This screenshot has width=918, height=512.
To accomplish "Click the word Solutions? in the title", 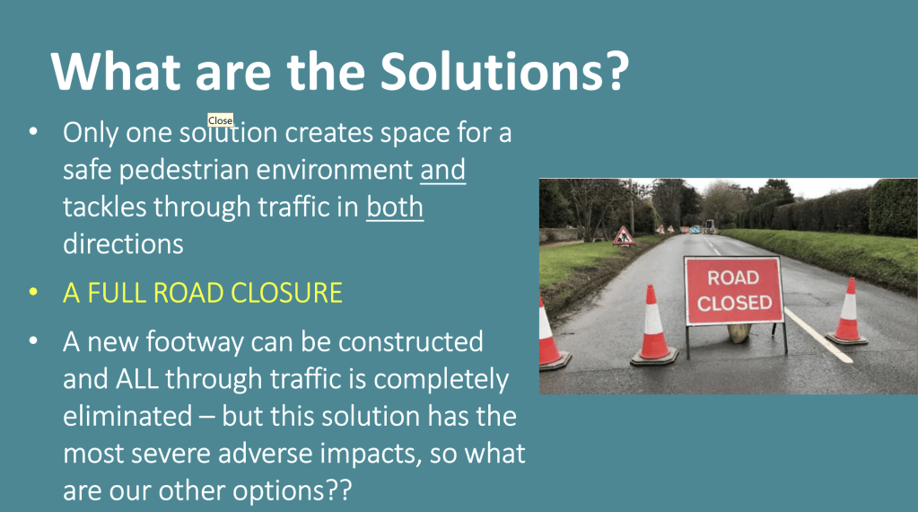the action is point(504,72).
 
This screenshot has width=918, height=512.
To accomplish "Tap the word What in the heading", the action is point(116,72).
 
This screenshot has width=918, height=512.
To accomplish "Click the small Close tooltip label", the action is point(220,120).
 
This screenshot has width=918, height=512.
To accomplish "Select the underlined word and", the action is point(442,170).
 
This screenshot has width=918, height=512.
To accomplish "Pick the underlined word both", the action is point(395,207).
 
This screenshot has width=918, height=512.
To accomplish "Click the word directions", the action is point(123,243).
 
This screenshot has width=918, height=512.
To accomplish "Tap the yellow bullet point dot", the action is point(33,292).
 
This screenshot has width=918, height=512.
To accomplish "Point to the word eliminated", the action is point(127,417).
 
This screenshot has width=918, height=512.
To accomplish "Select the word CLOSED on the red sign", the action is point(734,303).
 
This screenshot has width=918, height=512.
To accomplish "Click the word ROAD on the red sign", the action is point(733,277).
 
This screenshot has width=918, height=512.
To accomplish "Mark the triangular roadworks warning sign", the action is point(624,236).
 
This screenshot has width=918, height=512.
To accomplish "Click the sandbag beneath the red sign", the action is point(739,332).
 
